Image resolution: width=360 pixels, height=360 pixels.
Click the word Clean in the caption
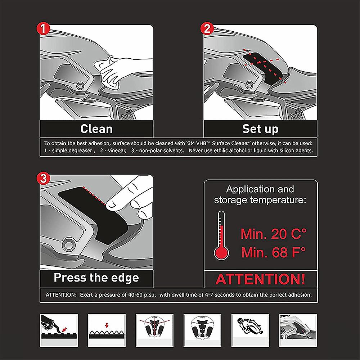(96, 129)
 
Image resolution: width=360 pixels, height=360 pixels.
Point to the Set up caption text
(260, 129)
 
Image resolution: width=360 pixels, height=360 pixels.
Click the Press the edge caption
(96, 278)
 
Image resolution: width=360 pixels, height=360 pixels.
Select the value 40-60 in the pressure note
(131, 294)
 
